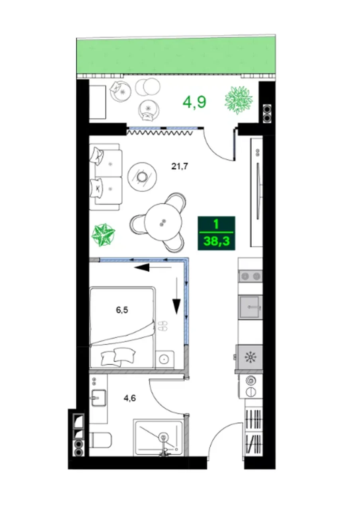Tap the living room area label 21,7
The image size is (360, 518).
[180, 166]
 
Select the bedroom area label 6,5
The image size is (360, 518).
[122, 310]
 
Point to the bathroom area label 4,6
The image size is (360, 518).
[130, 398]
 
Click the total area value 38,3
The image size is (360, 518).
[216, 241]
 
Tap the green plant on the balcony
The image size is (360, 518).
[239, 100]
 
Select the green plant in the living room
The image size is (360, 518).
[103, 235]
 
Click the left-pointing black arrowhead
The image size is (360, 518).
[142, 268]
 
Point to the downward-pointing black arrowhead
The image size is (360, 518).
[177, 306]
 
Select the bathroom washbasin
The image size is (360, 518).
[99, 398]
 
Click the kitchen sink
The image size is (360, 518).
[250, 307]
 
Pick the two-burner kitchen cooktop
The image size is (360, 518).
[250, 276]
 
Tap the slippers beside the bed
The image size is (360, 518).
[163, 326]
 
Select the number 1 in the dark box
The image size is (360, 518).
[216, 224]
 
